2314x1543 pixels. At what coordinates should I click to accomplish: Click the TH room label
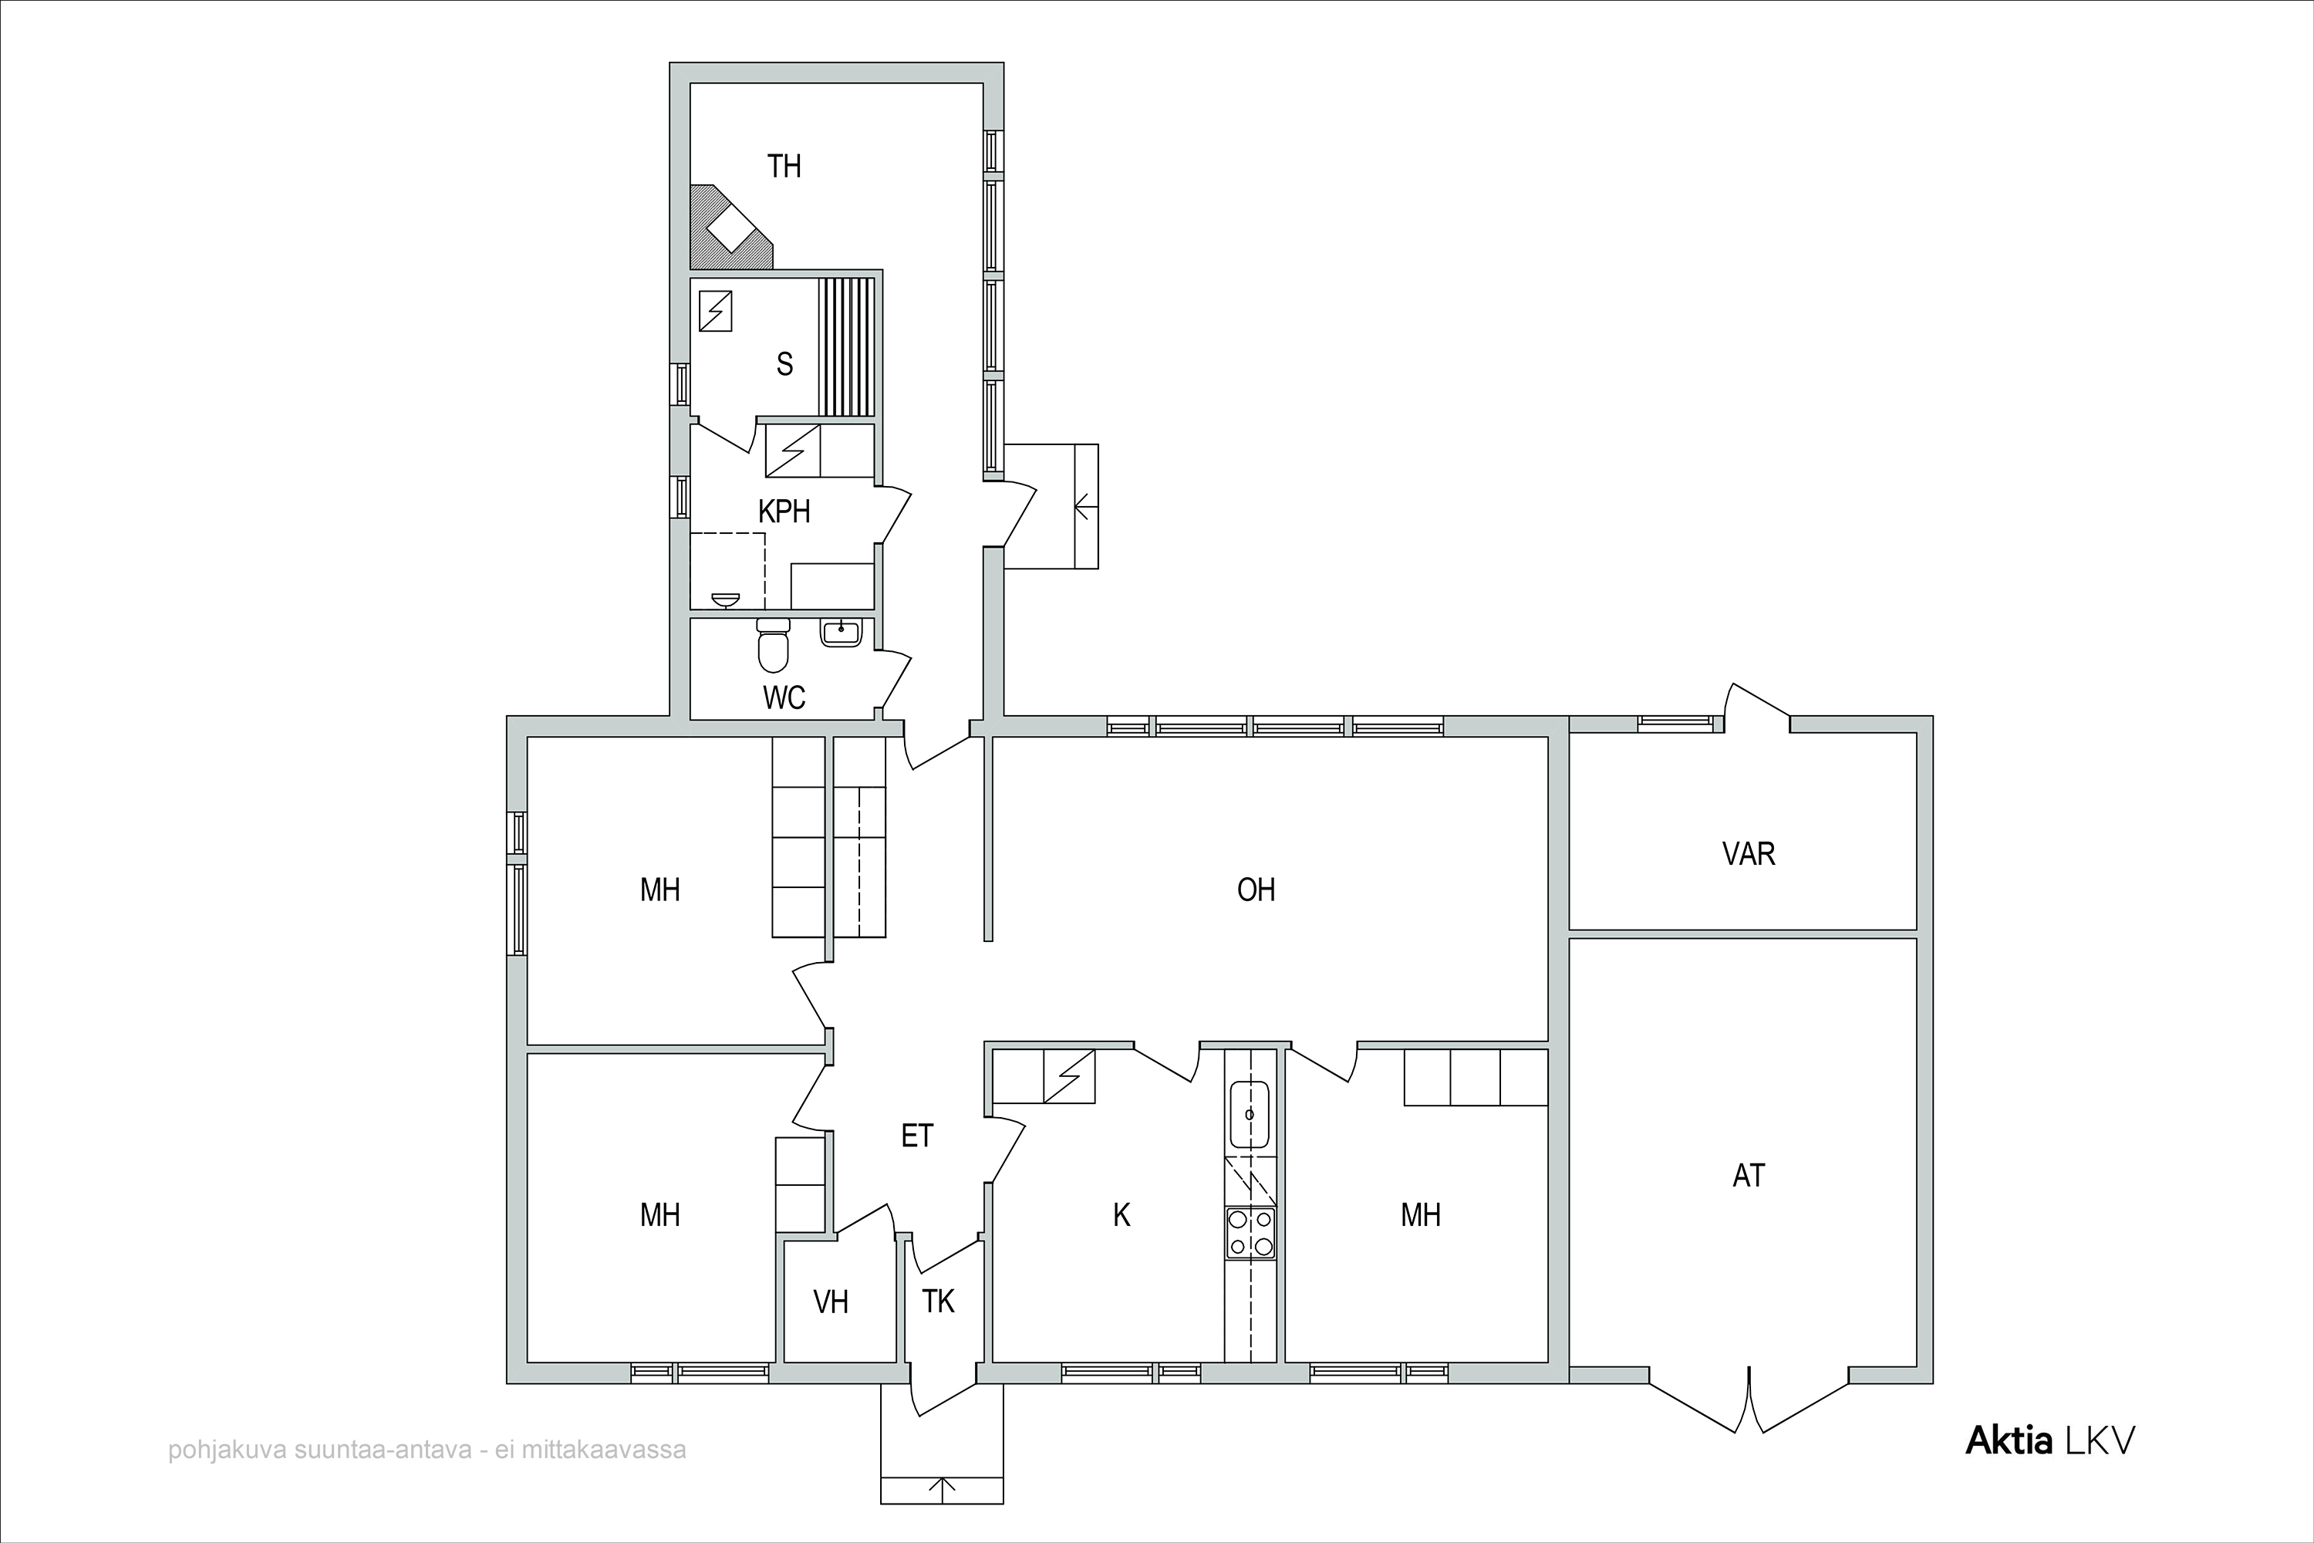coord(784,167)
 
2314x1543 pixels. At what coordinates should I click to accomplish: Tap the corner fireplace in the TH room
coord(728,228)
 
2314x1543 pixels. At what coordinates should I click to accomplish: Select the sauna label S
coord(784,364)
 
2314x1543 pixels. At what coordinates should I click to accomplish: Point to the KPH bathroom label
coord(784,512)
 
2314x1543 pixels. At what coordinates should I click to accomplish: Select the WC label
coord(784,697)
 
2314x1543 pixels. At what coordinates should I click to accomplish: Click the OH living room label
coord(1257,890)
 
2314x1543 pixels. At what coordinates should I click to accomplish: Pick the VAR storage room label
coord(1749,853)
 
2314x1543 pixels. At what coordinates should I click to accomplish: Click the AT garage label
coord(1749,1175)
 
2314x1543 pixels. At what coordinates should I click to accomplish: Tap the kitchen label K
coord(1122,1215)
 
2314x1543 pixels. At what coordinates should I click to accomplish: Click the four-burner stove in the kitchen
coord(1250,1233)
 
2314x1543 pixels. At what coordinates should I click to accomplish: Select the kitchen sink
coord(1250,1114)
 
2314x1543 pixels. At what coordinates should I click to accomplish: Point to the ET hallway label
coord(917,1136)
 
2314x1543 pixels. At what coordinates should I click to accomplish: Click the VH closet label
coord(831,1302)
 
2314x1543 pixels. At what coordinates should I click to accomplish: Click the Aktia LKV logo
coord(2050,1440)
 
